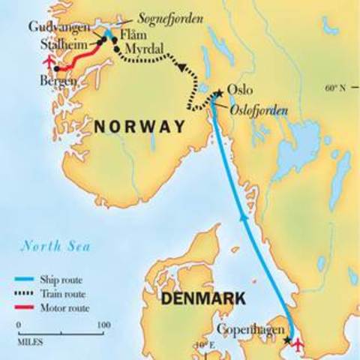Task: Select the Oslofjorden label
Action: click(254, 110)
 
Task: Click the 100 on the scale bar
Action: click(103, 325)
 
